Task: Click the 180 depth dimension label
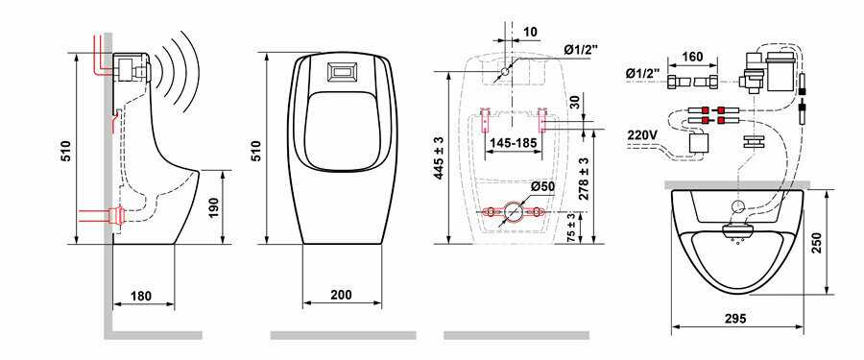(141, 296)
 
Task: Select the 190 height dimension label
(214, 206)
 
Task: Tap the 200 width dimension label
(341, 295)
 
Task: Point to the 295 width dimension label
(735, 318)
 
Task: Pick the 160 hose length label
(692, 57)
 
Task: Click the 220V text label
(643, 135)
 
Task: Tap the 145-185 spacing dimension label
(513, 143)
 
